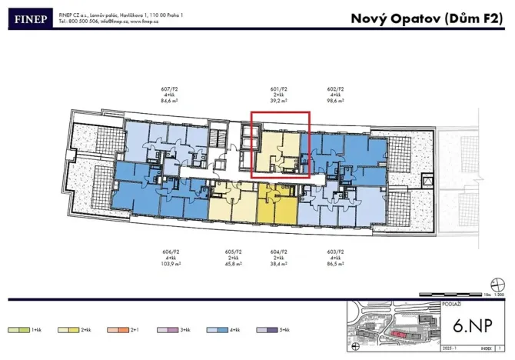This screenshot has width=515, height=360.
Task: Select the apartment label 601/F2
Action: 281,88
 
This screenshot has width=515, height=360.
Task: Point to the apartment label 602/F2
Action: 335,88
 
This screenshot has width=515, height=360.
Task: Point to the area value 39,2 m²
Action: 281,101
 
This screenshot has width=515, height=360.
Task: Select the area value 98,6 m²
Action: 335,101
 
